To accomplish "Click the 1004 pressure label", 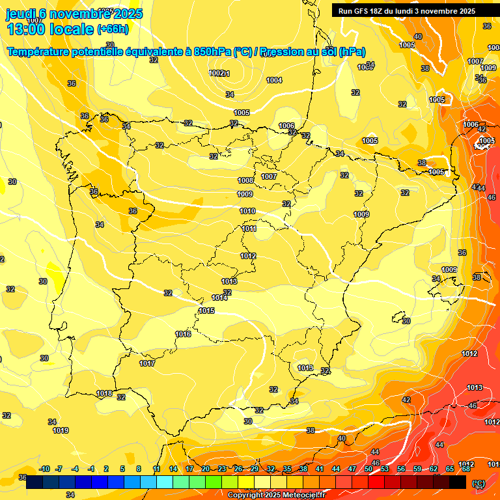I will tap(274, 80).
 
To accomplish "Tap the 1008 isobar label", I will tap(245, 180).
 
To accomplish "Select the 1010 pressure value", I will tap(247, 211).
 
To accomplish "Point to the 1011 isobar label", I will tap(249, 229).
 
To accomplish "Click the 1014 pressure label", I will tap(219, 298).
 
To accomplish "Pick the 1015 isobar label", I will tap(206, 311).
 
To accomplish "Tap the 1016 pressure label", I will tap(183, 334).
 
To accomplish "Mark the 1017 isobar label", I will tap(147, 363).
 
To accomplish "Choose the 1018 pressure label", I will tap(104, 393).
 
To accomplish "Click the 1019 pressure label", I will tap(61, 430).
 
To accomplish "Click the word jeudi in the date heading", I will tap(20, 14).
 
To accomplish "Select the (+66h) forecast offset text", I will tap(113, 29).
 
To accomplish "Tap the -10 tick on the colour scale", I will tap(44, 469).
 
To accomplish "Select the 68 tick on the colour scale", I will tap(466, 469).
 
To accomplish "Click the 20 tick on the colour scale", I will tap(205, 469).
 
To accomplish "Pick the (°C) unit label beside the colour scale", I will tap(478, 483).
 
